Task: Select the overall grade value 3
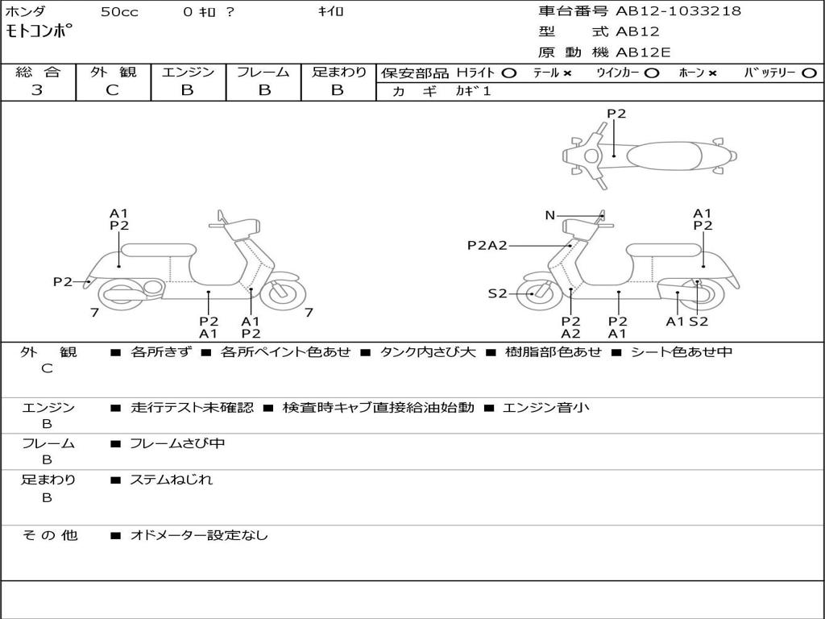click(x=37, y=90)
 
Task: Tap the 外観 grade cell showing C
click(x=112, y=90)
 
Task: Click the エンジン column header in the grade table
click(x=188, y=72)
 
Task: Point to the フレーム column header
click(x=263, y=72)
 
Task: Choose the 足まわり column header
click(x=338, y=72)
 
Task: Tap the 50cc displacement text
click(x=118, y=12)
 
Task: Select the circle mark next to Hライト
click(x=508, y=73)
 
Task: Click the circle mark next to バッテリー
click(x=809, y=73)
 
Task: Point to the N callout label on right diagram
click(x=550, y=215)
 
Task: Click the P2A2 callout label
click(x=487, y=245)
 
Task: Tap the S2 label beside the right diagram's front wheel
click(x=497, y=293)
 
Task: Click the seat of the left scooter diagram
click(x=157, y=250)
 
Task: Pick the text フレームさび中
click(x=177, y=443)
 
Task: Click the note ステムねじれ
click(x=172, y=480)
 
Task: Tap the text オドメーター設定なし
click(x=199, y=535)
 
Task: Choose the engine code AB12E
click(x=643, y=52)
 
